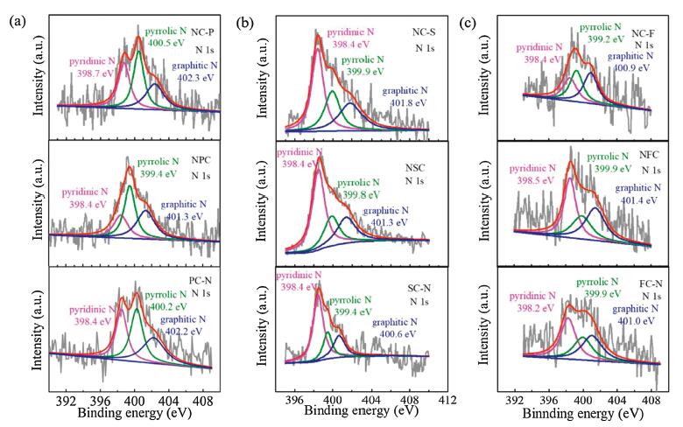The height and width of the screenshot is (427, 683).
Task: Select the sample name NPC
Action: coord(202,162)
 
